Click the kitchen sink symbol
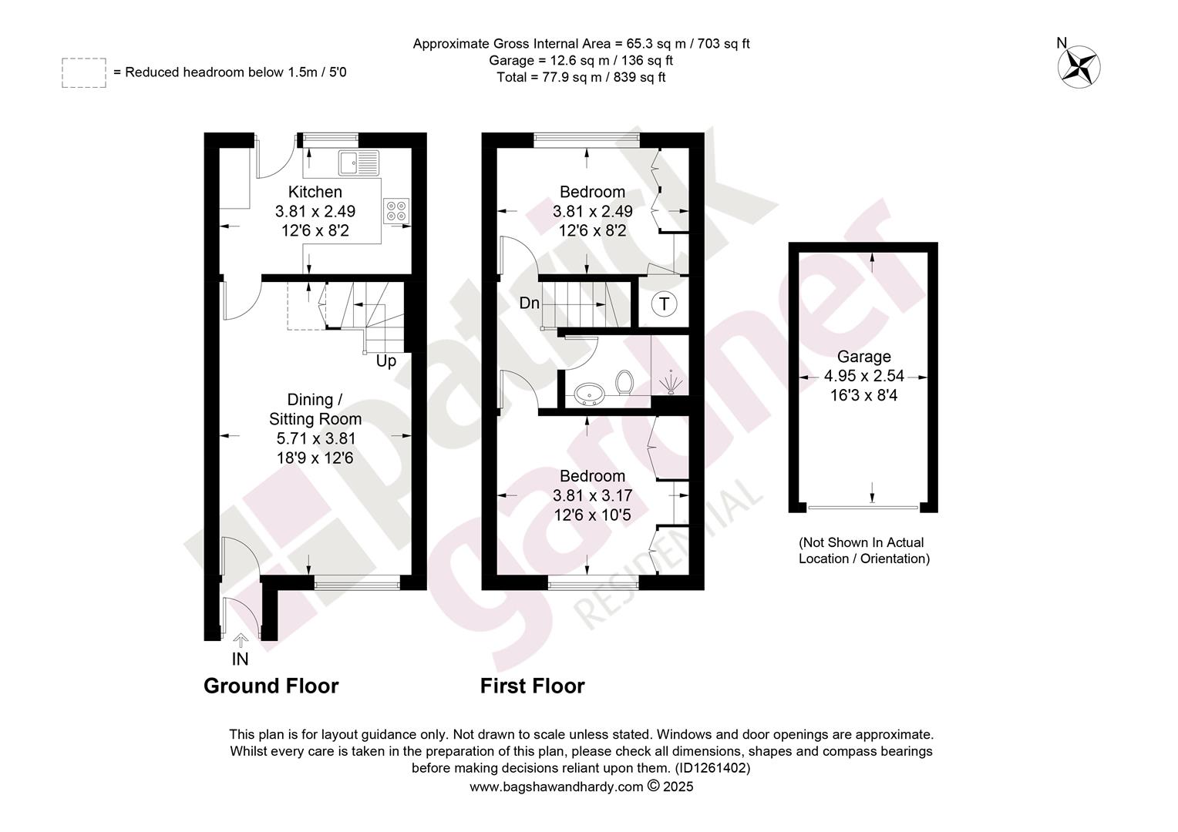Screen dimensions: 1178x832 click(358, 163)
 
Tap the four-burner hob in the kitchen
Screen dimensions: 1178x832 click(396, 211)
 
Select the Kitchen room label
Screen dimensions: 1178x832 click(315, 192)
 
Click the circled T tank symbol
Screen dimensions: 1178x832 click(665, 304)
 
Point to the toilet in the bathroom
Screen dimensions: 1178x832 click(624, 382)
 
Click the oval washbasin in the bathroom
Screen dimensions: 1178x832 click(589, 394)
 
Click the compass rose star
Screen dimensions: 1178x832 click(1079, 67)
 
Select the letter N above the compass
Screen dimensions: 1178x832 click(1062, 42)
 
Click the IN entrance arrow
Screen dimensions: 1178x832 click(241, 639)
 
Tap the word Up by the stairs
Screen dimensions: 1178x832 click(386, 361)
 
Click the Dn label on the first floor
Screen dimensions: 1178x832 click(529, 304)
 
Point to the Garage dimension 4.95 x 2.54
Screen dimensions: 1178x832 click(864, 376)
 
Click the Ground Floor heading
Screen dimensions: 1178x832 click(271, 686)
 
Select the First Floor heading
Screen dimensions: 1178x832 click(532, 686)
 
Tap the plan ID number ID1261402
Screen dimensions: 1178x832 click(712, 768)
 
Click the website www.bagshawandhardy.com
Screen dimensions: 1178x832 click(556, 787)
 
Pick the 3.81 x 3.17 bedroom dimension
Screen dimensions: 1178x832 click(592, 495)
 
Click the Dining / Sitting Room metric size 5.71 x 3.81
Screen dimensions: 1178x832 click(315, 438)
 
